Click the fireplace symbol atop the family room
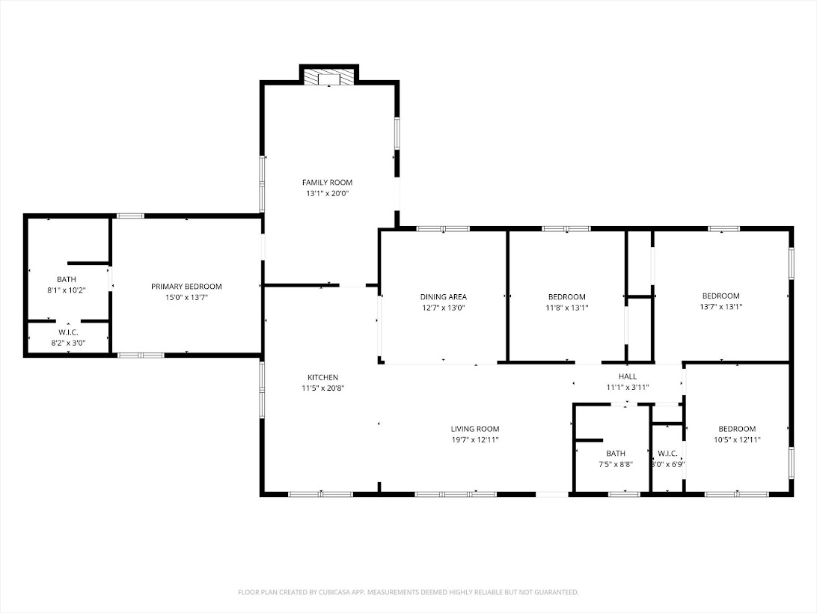(x=329, y=79)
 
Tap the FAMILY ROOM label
(x=327, y=183)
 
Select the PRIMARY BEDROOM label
(x=186, y=287)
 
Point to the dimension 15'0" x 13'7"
(x=186, y=298)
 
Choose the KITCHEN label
(x=322, y=377)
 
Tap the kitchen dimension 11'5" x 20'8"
(x=322, y=388)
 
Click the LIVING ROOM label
(x=474, y=429)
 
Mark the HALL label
(x=627, y=376)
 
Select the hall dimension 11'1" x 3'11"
(x=627, y=388)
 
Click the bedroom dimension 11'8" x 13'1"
(x=566, y=308)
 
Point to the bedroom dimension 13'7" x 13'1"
(x=720, y=306)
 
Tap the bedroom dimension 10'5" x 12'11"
(x=737, y=440)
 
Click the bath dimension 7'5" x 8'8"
(x=616, y=464)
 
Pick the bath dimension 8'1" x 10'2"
(x=67, y=290)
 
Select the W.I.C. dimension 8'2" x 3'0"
(x=68, y=343)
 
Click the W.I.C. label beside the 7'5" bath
(x=667, y=454)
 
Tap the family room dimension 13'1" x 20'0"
(x=327, y=193)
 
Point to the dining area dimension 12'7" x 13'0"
(x=443, y=308)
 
